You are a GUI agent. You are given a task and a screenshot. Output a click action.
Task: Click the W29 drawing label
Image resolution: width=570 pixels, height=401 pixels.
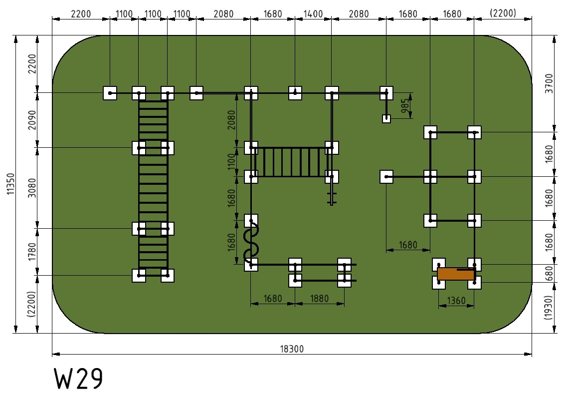click(79, 379)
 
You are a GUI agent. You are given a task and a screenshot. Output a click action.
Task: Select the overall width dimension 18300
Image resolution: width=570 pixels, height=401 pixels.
click(292, 349)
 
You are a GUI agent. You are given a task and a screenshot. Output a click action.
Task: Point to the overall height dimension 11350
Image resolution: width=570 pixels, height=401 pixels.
click(11, 184)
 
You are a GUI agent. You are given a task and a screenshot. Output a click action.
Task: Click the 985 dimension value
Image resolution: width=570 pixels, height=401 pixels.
click(405, 105)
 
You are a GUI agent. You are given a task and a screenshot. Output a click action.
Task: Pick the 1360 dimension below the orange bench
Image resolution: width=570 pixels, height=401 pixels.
click(456, 301)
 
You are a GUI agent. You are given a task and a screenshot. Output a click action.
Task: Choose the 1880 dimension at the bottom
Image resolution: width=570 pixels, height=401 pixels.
click(319, 299)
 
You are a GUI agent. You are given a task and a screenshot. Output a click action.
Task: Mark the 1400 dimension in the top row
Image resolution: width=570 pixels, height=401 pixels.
click(313, 14)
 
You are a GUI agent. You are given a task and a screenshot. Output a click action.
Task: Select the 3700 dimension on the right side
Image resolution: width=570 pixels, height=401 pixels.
click(549, 83)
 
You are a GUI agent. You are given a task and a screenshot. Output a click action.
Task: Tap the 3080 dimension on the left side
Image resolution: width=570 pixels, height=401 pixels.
click(32, 188)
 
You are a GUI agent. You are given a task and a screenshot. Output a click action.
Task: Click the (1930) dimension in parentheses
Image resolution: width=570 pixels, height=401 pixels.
click(549, 308)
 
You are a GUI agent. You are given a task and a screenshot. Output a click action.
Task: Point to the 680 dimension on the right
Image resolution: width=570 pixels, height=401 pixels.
click(549, 273)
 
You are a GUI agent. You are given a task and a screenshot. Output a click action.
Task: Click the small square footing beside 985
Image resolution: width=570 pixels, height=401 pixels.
click(386, 119)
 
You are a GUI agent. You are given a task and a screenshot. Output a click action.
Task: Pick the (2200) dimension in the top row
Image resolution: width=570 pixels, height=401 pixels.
click(503, 13)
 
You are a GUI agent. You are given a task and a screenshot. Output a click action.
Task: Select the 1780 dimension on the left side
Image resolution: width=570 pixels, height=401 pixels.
click(32, 252)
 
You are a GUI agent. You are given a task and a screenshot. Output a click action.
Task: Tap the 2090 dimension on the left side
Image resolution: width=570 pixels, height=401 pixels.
click(32, 120)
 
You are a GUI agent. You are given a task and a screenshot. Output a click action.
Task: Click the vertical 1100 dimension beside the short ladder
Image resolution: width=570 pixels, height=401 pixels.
click(231, 162)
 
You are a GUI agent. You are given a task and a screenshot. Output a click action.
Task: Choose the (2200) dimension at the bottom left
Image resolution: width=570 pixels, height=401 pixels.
click(32, 304)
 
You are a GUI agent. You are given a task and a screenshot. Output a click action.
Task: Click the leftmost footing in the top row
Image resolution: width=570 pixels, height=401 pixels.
click(110, 93)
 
